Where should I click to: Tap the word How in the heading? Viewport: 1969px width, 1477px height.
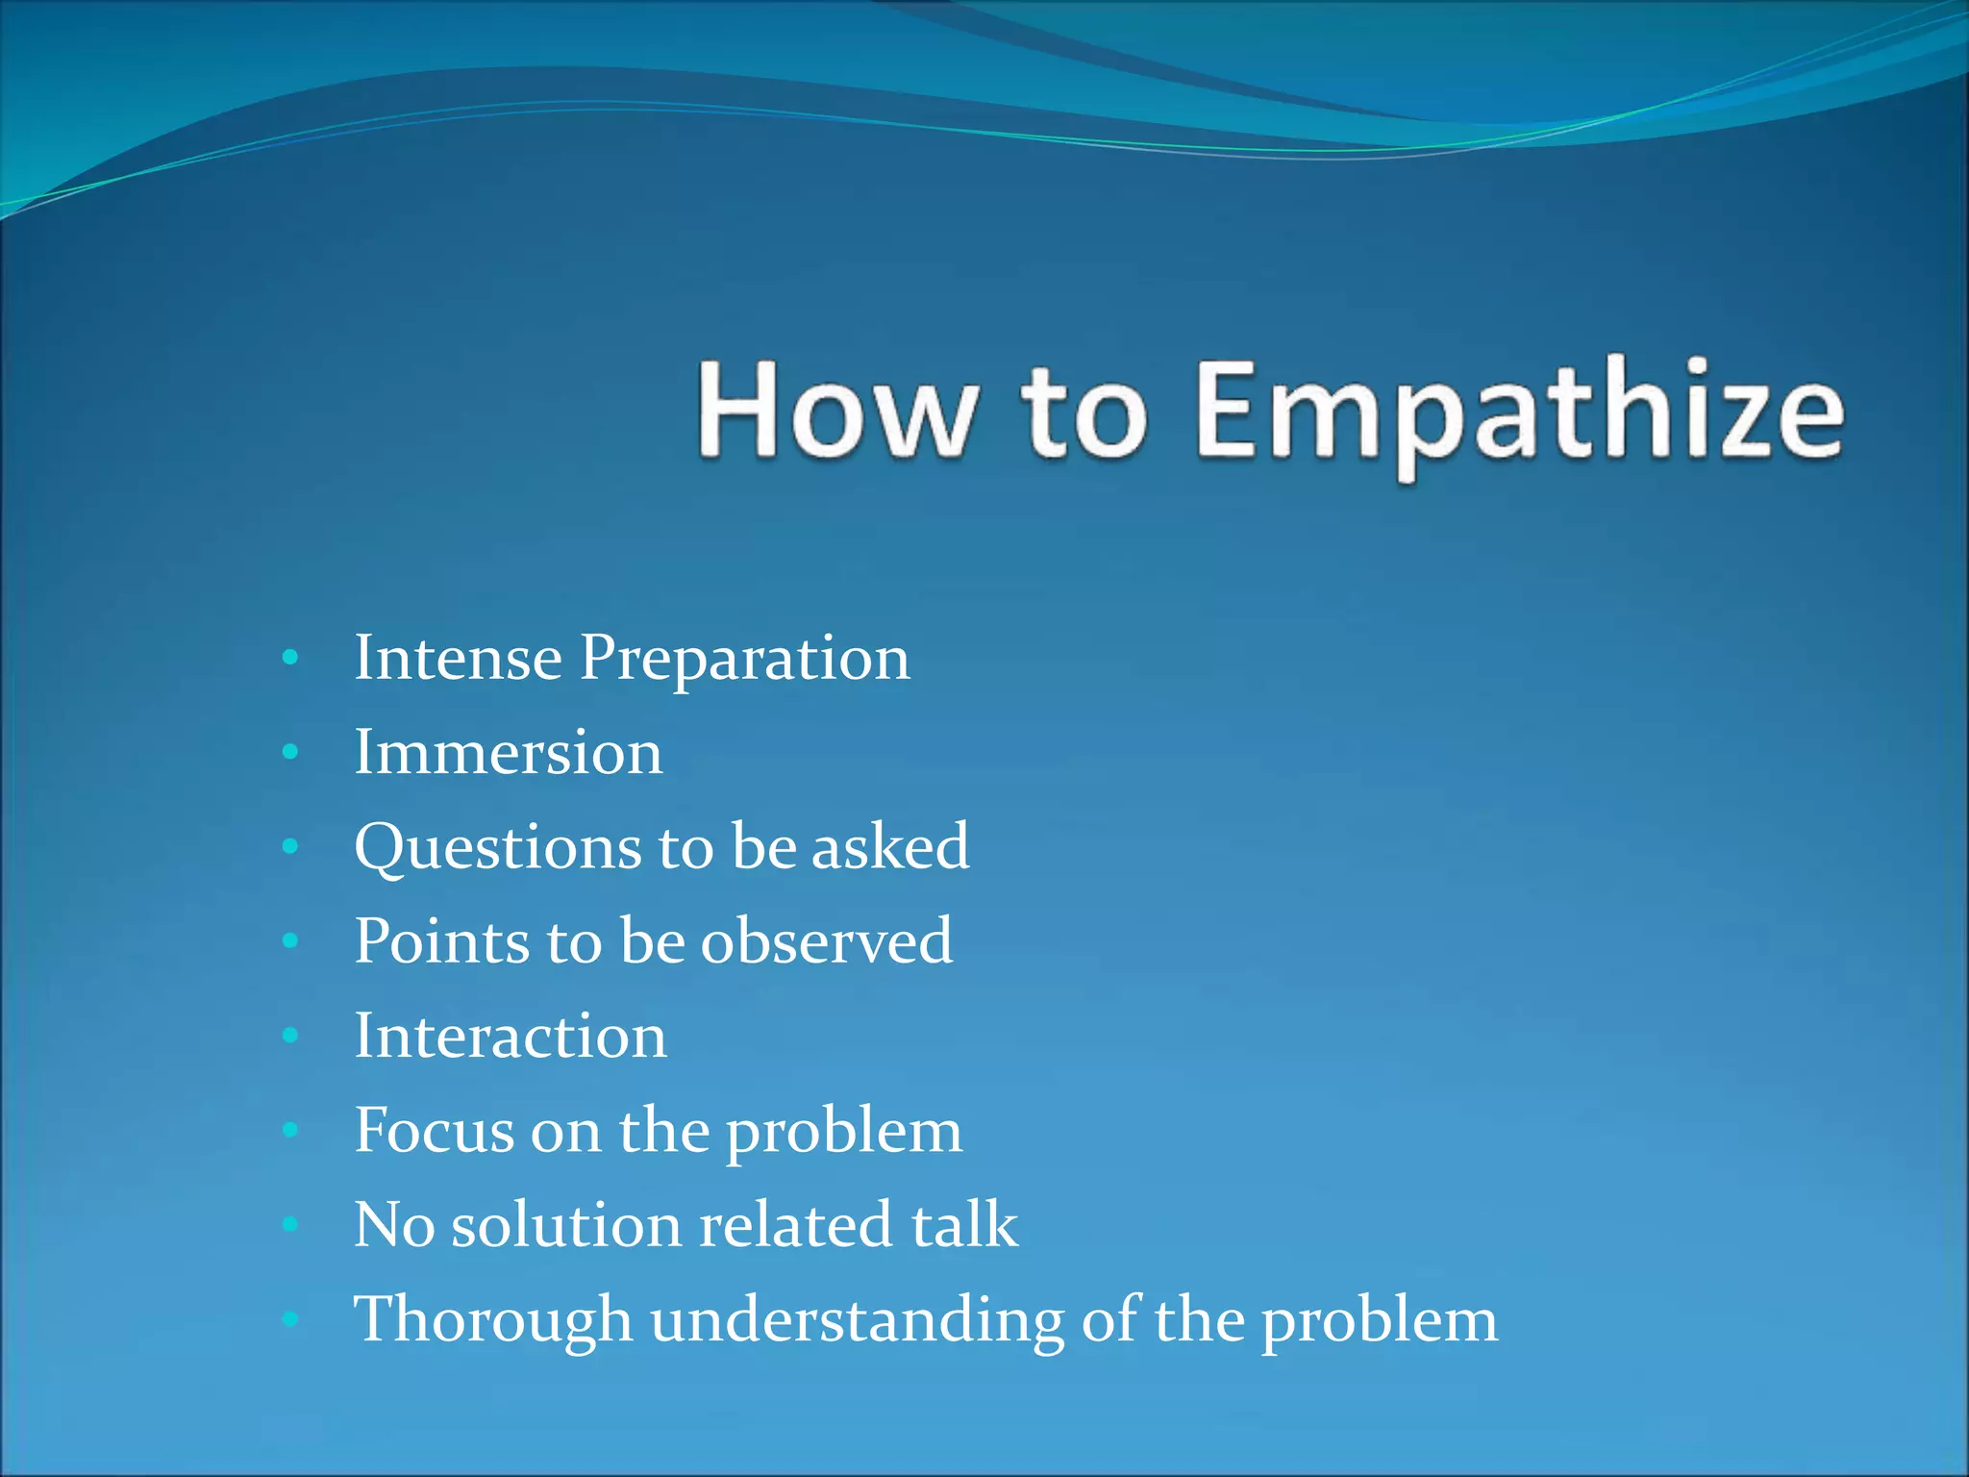[833, 409]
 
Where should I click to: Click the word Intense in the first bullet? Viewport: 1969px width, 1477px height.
[458, 658]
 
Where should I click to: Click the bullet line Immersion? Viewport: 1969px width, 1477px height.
[508, 752]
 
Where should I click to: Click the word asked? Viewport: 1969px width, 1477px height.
[889, 846]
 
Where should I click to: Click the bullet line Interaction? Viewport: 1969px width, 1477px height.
[510, 1036]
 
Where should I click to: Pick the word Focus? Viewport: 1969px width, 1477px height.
[434, 1130]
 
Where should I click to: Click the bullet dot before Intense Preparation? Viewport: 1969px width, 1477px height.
[290, 659]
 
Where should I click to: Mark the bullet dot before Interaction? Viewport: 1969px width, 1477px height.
[290, 1037]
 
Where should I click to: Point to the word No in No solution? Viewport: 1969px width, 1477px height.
[393, 1224]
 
